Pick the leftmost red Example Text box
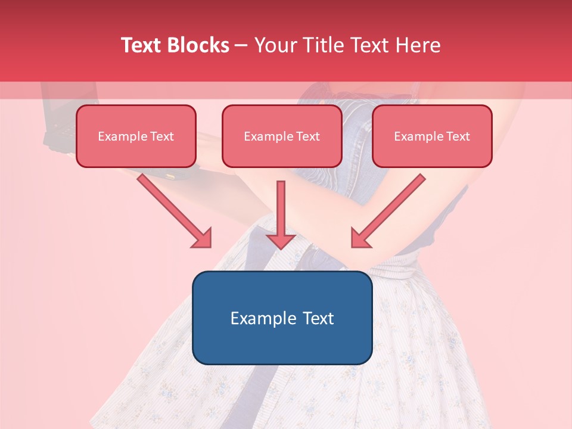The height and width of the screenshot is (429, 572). pos(136,136)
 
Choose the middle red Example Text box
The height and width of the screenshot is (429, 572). pos(282,136)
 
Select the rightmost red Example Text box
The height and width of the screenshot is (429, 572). pos(432,136)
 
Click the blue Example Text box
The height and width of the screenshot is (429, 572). pos(282,318)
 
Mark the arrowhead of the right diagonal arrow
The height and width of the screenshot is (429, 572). pos(360,238)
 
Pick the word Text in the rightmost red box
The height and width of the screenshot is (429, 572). pos(458,136)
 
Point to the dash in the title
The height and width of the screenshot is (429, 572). pos(241,46)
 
